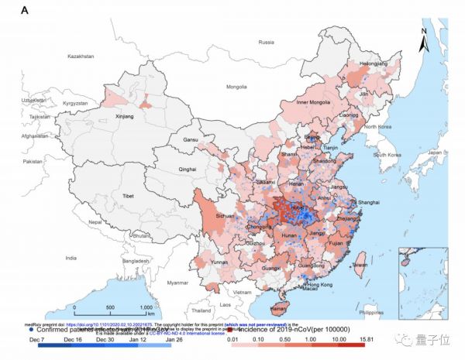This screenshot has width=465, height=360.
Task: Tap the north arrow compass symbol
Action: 424,40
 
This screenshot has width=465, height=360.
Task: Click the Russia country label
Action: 267,42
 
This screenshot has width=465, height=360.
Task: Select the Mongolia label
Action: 235,87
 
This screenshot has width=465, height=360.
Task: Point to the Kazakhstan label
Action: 85,57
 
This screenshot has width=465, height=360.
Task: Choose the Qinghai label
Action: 187,168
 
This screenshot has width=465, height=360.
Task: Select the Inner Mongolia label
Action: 315,103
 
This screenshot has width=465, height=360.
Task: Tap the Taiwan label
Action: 360,265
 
